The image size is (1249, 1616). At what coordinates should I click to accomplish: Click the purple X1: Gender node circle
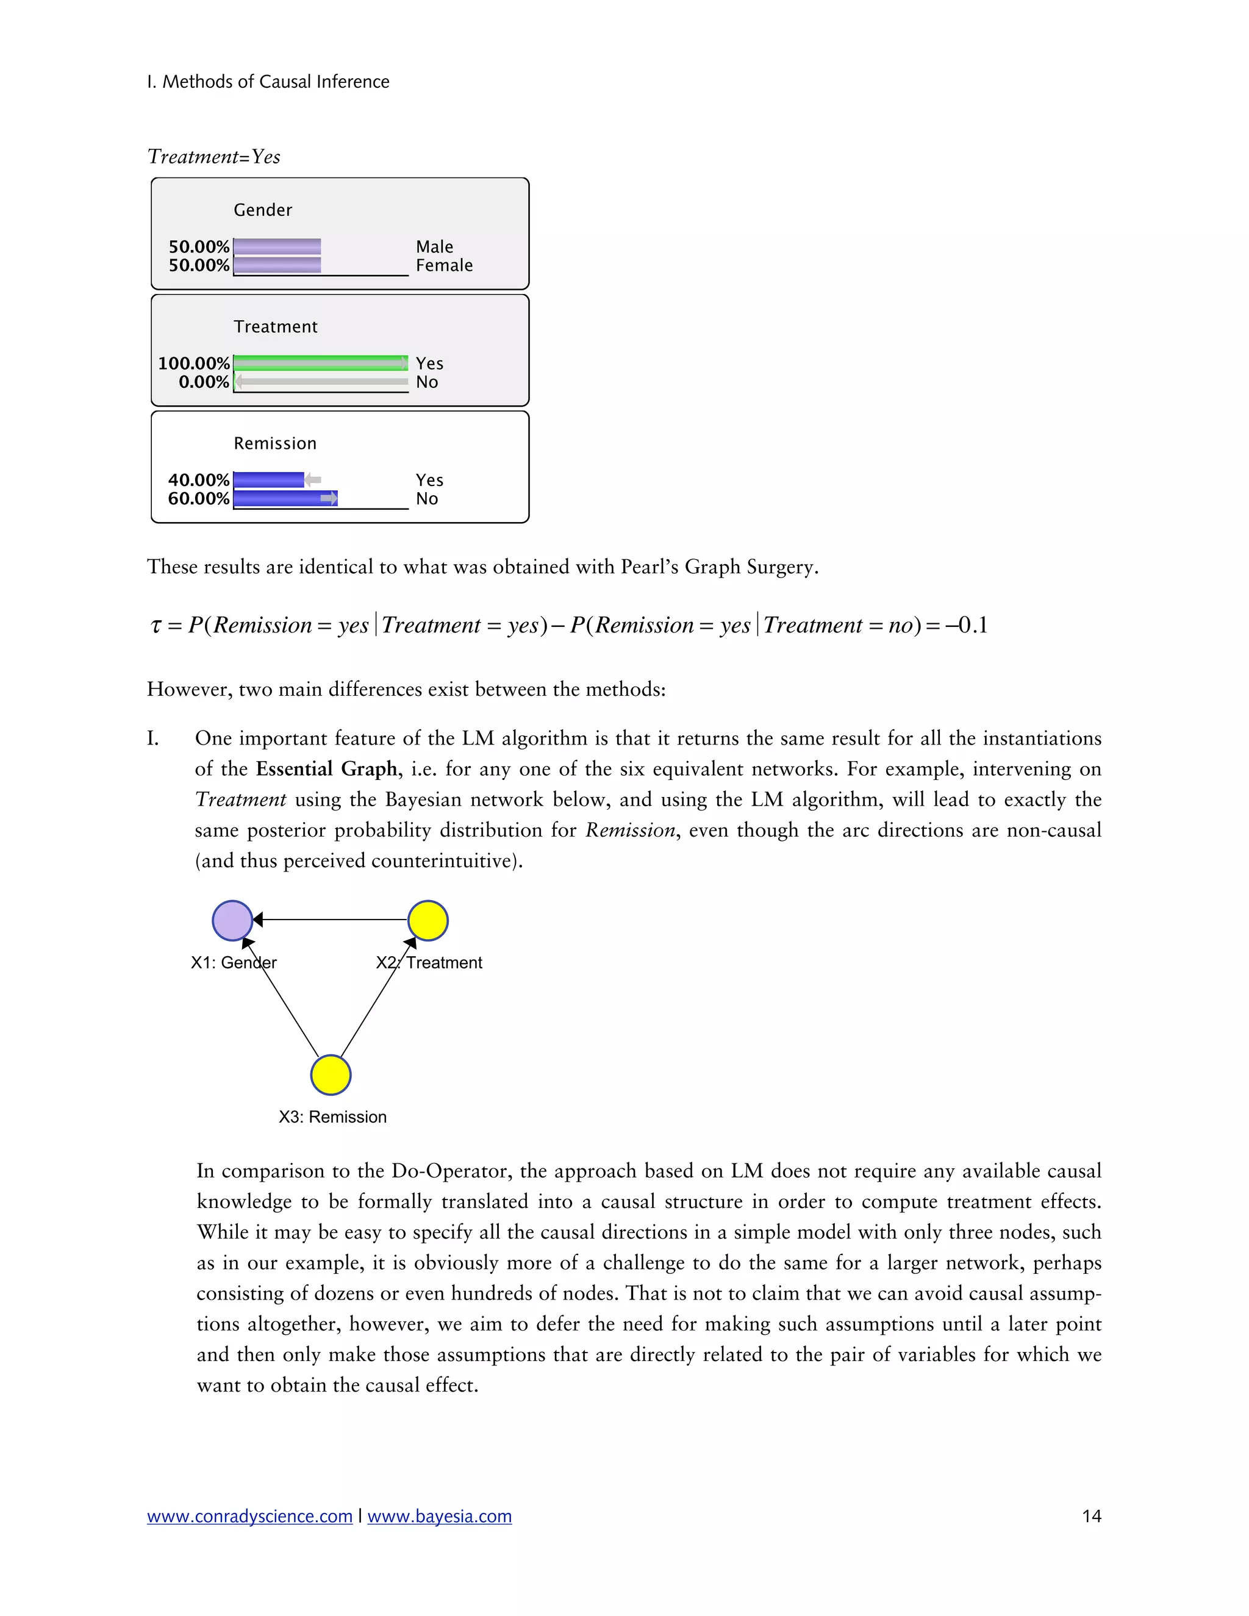pos(232,920)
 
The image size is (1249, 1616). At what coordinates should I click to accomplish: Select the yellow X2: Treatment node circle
pos(428,920)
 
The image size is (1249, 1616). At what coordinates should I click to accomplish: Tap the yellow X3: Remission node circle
pos(330,1074)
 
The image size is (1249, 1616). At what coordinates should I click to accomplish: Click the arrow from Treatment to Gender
pos(331,920)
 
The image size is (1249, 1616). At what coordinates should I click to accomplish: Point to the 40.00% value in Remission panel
pos(198,480)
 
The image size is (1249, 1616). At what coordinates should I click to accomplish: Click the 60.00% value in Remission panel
pos(198,499)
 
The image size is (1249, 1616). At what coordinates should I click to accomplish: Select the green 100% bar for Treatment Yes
pos(320,363)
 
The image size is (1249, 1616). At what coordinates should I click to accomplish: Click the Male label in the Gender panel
pos(434,246)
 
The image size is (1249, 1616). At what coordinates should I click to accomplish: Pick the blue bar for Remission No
pos(285,499)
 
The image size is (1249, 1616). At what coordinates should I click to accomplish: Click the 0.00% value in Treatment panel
pos(204,382)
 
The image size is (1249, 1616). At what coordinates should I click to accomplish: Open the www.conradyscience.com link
pos(249,1516)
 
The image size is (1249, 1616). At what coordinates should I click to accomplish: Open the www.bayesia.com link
pos(440,1516)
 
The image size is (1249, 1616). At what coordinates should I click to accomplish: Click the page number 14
pos(1092,1516)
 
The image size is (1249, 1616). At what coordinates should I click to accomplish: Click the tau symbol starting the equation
pos(156,626)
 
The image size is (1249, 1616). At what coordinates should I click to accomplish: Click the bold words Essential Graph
pos(326,769)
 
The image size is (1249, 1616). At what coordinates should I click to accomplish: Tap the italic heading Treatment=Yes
pos(214,156)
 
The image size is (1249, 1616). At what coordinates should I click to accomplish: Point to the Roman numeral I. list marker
pos(152,738)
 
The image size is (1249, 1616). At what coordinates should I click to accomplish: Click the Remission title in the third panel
pos(274,443)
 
